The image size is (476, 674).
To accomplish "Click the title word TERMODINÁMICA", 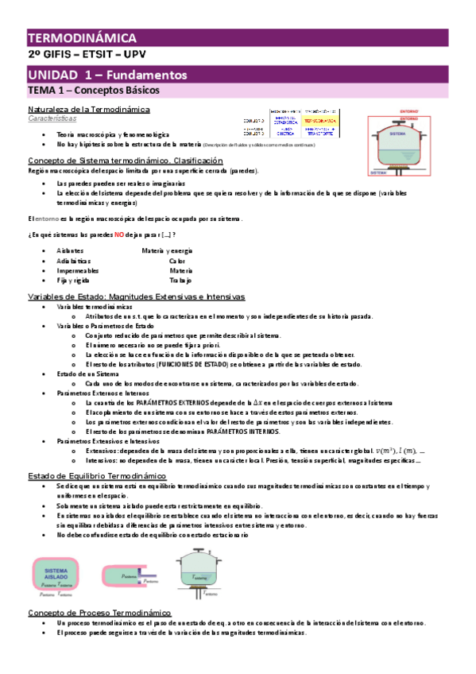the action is (x=83, y=38).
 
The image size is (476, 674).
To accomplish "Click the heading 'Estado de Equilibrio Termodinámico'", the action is (x=107, y=475).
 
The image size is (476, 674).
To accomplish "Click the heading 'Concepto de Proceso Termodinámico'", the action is (x=99, y=613).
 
